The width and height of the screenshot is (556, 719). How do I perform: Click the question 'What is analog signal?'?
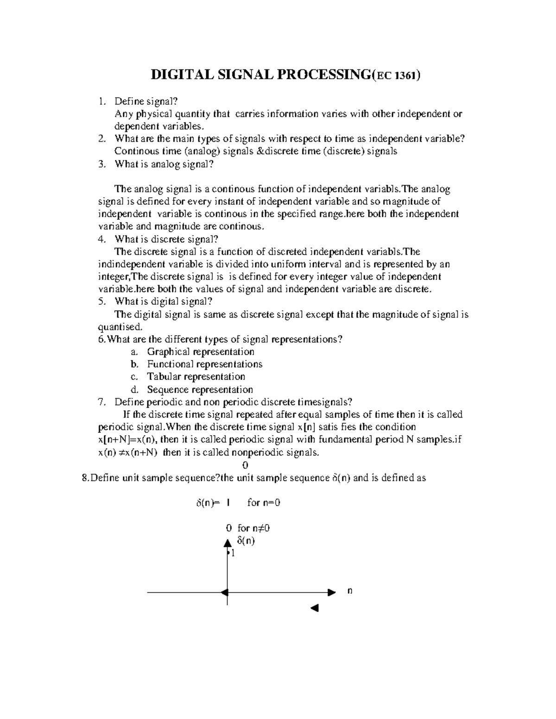tap(164, 164)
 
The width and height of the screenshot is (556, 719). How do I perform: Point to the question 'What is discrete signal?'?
tap(166, 239)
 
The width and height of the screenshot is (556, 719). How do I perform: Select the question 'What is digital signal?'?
tap(164, 302)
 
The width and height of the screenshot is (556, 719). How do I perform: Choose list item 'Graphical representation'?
tap(201, 352)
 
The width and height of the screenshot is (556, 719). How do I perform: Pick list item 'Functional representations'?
tap(205, 364)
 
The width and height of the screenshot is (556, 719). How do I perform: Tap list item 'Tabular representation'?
tap(196, 377)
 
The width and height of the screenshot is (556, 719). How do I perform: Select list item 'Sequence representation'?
tap(200, 390)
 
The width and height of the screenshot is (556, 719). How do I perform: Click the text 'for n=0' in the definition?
tap(264, 503)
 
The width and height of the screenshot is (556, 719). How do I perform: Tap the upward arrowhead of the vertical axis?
tap(227, 543)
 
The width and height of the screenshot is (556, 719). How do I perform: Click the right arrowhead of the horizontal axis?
tap(331, 592)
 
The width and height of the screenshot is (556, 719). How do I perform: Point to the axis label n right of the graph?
tap(350, 591)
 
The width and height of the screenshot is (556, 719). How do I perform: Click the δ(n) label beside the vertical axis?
tap(246, 540)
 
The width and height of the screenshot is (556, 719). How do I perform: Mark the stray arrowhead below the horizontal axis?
tap(315, 608)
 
